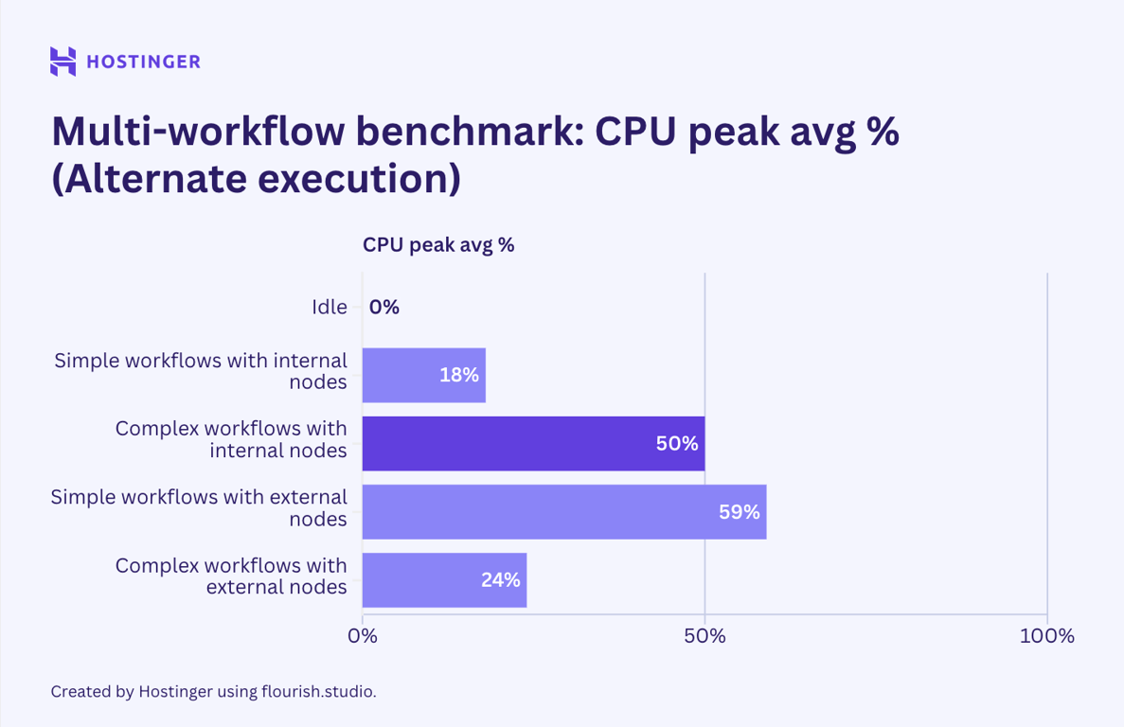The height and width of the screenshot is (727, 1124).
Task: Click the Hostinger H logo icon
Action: [62, 62]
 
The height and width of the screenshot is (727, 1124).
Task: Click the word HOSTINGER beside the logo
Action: [143, 62]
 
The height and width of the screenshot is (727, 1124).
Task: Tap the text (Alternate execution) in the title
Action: [256, 178]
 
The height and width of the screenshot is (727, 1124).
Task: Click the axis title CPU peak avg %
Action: [438, 244]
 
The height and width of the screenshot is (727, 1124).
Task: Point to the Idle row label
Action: [329, 307]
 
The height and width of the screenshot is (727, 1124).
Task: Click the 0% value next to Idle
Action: [384, 307]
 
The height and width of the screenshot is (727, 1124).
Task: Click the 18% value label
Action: [459, 375]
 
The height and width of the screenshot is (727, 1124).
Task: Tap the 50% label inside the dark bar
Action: [677, 443]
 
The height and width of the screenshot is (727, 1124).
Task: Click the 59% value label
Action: [739, 512]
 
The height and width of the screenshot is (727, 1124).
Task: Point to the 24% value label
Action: [500, 580]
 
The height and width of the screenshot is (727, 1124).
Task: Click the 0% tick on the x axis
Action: [363, 636]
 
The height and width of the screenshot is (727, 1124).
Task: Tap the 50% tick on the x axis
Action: [705, 636]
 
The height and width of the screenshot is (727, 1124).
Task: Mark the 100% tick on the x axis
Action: [1046, 636]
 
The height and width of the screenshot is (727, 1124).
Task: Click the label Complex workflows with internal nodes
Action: [230, 439]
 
